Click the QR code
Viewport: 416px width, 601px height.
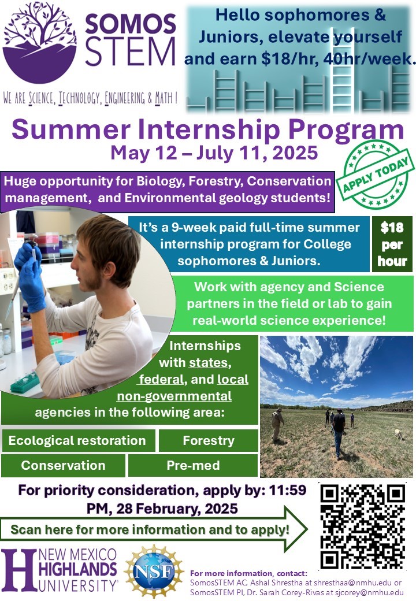click(362, 527)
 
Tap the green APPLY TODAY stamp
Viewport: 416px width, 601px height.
click(376, 175)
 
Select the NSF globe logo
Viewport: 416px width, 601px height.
click(154, 572)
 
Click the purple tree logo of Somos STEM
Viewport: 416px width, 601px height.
click(39, 42)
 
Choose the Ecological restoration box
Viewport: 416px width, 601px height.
click(78, 440)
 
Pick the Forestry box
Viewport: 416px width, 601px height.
click(209, 440)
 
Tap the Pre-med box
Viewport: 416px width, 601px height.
click(192, 465)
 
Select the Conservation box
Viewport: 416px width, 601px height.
click(63, 465)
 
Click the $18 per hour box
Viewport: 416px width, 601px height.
click(392, 244)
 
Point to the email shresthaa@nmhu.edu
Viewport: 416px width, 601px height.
click(352, 583)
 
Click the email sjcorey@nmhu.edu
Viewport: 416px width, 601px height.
click(369, 592)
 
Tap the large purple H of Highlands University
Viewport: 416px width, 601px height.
click(19, 570)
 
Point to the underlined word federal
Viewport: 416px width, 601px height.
click(161, 380)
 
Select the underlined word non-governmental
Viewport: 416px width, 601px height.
click(174, 396)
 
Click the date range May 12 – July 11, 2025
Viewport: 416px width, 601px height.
click(214, 153)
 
